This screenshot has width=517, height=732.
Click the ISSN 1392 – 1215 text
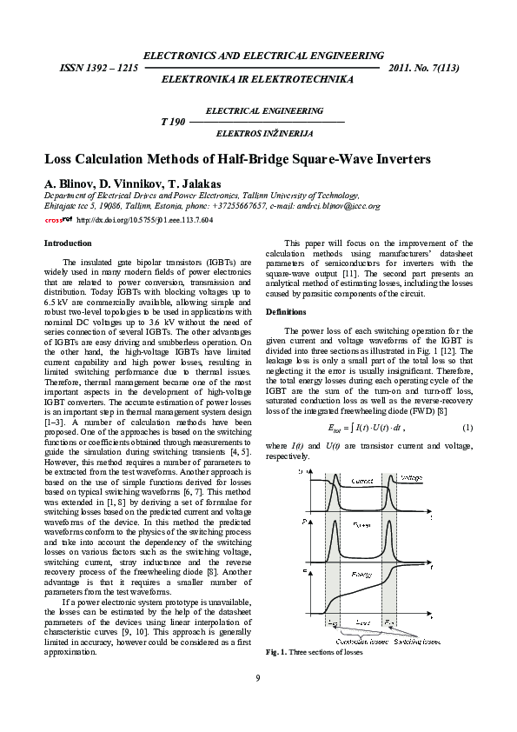[98, 67]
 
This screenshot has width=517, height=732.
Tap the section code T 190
[174, 123]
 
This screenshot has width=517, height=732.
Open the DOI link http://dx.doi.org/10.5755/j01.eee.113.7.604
[144, 221]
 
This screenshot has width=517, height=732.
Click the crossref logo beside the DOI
[58, 221]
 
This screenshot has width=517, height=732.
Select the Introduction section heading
[68, 243]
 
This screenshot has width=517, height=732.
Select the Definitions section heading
[286, 310]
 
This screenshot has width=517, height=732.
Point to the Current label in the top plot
[362, 480]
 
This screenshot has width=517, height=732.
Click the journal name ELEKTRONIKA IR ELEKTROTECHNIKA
[258, 79]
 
